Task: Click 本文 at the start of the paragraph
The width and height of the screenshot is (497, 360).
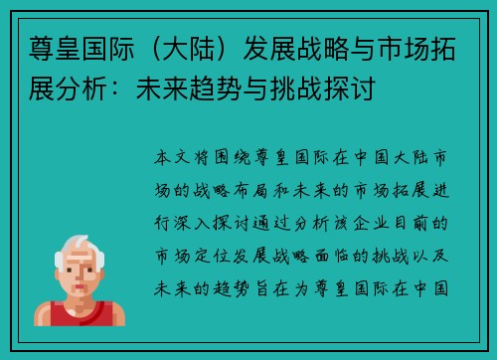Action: (x=178, y=157)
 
